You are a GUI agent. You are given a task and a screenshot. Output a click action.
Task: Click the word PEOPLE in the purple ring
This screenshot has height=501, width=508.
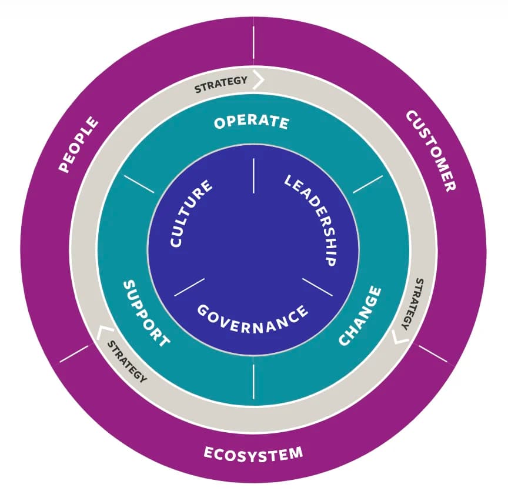tap(79, 145)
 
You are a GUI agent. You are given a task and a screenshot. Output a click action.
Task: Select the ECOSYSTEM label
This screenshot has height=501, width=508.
tap(253, 453)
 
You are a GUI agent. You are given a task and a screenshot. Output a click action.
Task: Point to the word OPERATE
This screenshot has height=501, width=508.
tap(252, 122)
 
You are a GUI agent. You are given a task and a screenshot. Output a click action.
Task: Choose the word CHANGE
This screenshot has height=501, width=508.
tap(360, 316)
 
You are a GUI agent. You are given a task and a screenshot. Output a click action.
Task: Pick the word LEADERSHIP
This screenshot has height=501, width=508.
tap(310, 219)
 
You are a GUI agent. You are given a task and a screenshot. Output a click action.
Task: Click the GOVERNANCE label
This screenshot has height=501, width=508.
tap(252, 318)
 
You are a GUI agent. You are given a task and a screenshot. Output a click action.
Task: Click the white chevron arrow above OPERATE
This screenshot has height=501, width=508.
tap(258, 79)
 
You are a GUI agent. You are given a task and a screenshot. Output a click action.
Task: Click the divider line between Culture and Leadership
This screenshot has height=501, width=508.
tap(253, 175)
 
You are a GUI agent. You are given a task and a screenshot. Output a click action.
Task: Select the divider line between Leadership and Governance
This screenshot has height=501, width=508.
tap(317, 286)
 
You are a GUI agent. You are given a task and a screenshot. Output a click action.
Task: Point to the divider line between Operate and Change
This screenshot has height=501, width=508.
tap(368, 184)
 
